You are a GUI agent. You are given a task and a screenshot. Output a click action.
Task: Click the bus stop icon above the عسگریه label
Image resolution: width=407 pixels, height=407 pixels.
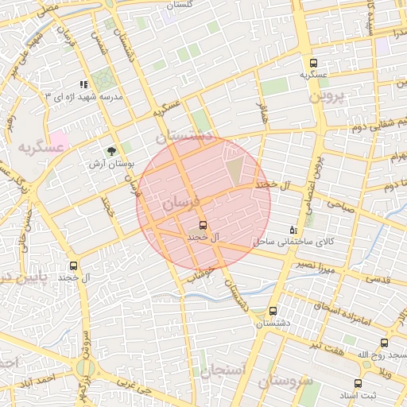click(x=313, y=63)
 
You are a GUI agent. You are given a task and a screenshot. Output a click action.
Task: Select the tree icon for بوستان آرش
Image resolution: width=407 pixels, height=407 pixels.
click(x=111, y=150)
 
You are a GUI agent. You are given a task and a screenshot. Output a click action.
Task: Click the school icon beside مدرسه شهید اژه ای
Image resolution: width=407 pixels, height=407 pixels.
click(x=83, y=84)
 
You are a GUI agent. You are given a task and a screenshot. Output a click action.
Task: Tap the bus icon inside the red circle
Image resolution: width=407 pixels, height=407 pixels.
click(x=203, y=225)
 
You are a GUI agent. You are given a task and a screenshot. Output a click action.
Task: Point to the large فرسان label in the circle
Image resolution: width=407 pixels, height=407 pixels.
click(x=181, y=205)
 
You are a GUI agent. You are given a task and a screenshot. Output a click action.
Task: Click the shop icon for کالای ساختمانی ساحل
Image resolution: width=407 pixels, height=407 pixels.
click(x=293, y=229)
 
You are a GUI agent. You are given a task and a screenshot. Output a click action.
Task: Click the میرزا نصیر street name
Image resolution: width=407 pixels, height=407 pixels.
click(x=317, y=265)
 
